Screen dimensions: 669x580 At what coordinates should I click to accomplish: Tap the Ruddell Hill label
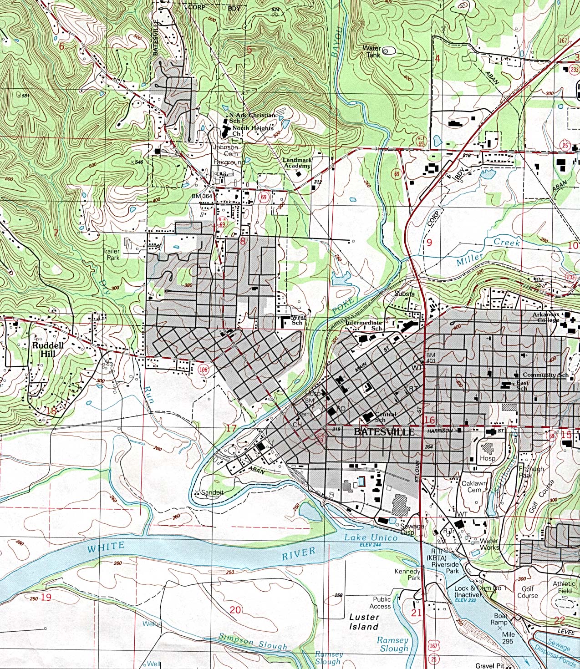48,350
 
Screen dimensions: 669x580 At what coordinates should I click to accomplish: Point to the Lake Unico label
371,537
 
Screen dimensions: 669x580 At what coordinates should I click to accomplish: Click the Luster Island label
364,622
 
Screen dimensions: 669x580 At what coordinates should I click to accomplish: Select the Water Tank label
372,51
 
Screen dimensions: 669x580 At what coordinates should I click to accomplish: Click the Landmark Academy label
297,163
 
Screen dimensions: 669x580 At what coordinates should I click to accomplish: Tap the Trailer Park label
111,254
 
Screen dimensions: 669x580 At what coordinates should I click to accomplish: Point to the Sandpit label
212,492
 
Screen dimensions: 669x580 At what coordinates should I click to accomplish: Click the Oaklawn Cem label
474,487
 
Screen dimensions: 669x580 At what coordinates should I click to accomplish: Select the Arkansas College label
546,317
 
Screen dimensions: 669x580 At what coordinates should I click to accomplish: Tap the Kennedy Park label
408,574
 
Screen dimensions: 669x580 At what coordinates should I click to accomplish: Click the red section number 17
231,428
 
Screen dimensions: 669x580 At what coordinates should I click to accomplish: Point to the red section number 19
46,597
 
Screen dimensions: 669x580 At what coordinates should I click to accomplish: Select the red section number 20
235,609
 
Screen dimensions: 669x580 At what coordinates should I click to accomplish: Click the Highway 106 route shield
203,370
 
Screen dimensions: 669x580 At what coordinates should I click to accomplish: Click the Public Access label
381,603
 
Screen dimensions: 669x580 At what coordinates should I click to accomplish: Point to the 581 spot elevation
25,96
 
